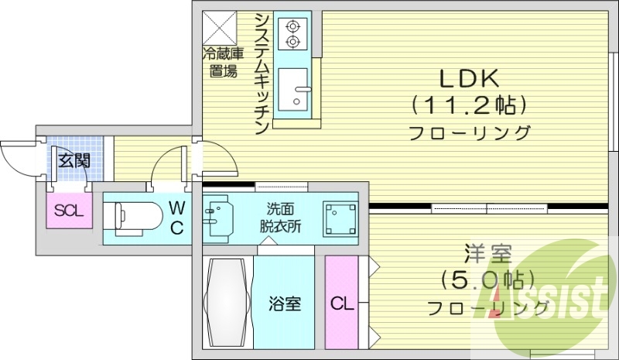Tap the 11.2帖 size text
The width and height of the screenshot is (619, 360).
[469, 104]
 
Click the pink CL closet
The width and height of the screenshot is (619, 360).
[340, 302]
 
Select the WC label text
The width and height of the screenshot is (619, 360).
[176, 218]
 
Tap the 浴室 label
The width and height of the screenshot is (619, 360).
[285, 303]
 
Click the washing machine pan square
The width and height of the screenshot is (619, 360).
[340, 217]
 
